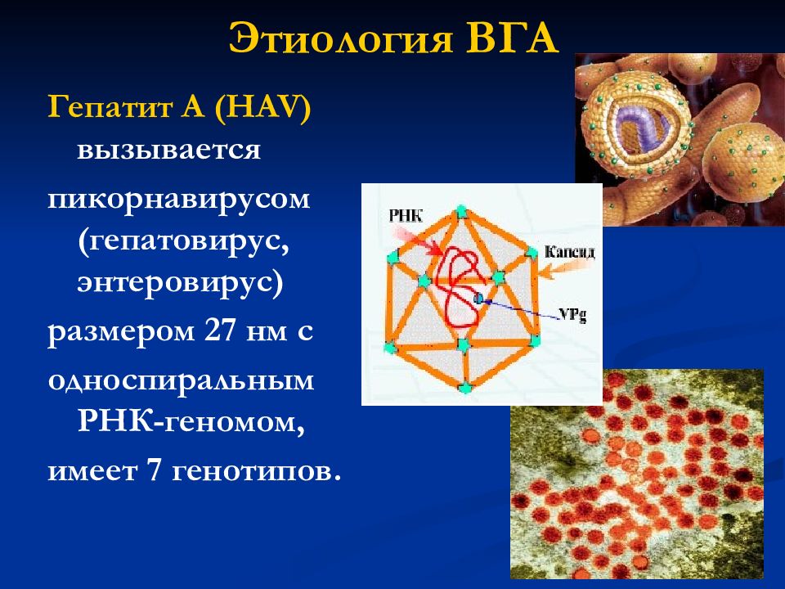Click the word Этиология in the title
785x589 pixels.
pos(341,39)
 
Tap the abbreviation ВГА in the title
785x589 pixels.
pos(512,38)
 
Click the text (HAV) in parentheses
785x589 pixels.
pos(262,106)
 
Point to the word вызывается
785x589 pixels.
pos(168,150)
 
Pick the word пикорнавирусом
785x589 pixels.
pos(179,200)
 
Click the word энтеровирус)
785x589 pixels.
pos(180,283)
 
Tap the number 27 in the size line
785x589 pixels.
pos(220,330)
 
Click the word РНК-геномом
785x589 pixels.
pos(191,422)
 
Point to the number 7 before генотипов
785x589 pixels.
pos(154,470)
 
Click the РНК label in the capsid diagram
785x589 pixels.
pos(406,216)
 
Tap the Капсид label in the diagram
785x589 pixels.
pos(570,251)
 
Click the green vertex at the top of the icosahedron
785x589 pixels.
pos(461,212)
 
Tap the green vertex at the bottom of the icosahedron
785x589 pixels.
pos(465,387)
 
